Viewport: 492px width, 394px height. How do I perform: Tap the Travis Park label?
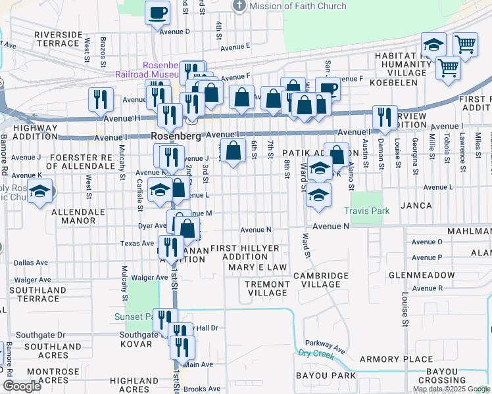[x=367, y=211]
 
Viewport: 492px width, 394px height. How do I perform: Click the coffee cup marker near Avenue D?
[x=157, y=12]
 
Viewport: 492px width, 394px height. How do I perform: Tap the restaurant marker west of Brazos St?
[x=101, y=99]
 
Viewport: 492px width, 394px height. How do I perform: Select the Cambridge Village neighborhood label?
[x=321, y=280]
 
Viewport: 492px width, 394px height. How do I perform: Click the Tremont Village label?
[x=266, y=288]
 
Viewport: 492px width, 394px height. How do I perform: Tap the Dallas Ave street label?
[x=30, y=262]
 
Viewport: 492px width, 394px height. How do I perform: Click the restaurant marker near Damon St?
[x=384, y=117]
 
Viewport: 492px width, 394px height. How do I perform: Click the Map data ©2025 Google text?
[x=451, y=389]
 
